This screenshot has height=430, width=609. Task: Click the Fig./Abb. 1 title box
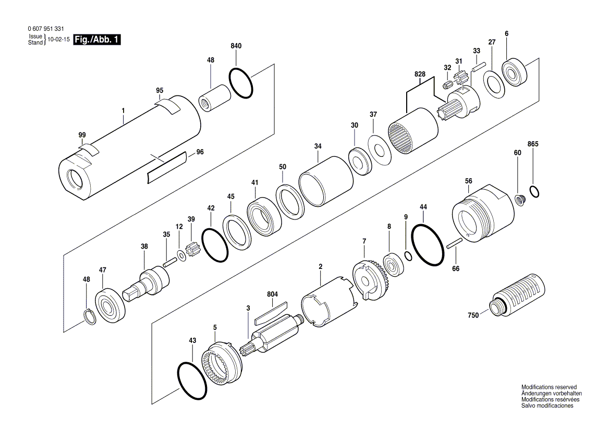tap(97, 40)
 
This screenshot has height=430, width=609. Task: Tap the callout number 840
tap(236, 46)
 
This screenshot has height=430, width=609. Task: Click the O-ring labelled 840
tap(242, 83)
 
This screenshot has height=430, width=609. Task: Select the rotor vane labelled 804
tap(272, 310)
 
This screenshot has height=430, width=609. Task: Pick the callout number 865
tap(533, 144)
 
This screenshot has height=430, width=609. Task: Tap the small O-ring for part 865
tap(534, 191)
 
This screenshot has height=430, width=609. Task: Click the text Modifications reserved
tap(549, 387)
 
